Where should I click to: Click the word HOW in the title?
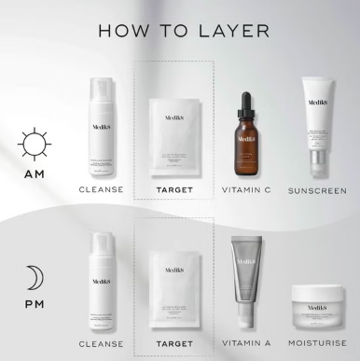123,31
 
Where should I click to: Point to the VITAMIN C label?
247,190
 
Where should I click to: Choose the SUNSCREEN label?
316,190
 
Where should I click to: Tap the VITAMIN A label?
247,344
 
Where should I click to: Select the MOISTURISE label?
316,344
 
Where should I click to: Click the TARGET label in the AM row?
174,190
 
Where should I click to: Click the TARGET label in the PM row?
174,344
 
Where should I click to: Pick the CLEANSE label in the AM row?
102,190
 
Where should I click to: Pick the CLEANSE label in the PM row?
102,344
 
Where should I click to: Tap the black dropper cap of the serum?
247,103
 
